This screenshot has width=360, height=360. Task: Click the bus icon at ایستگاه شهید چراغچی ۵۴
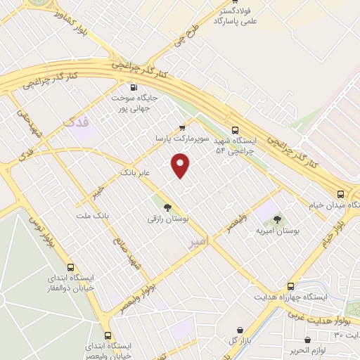236,129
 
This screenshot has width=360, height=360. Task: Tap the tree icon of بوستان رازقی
167,207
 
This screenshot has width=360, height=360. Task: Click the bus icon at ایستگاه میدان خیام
340,194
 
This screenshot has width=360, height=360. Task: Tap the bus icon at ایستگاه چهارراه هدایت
291,286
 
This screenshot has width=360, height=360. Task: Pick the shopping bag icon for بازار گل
240,330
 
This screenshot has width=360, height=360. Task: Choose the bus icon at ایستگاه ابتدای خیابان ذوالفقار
70,267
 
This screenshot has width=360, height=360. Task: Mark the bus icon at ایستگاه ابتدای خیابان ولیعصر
108,335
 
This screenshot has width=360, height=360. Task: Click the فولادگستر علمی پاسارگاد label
232,16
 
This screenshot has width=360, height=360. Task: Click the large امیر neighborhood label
200,241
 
